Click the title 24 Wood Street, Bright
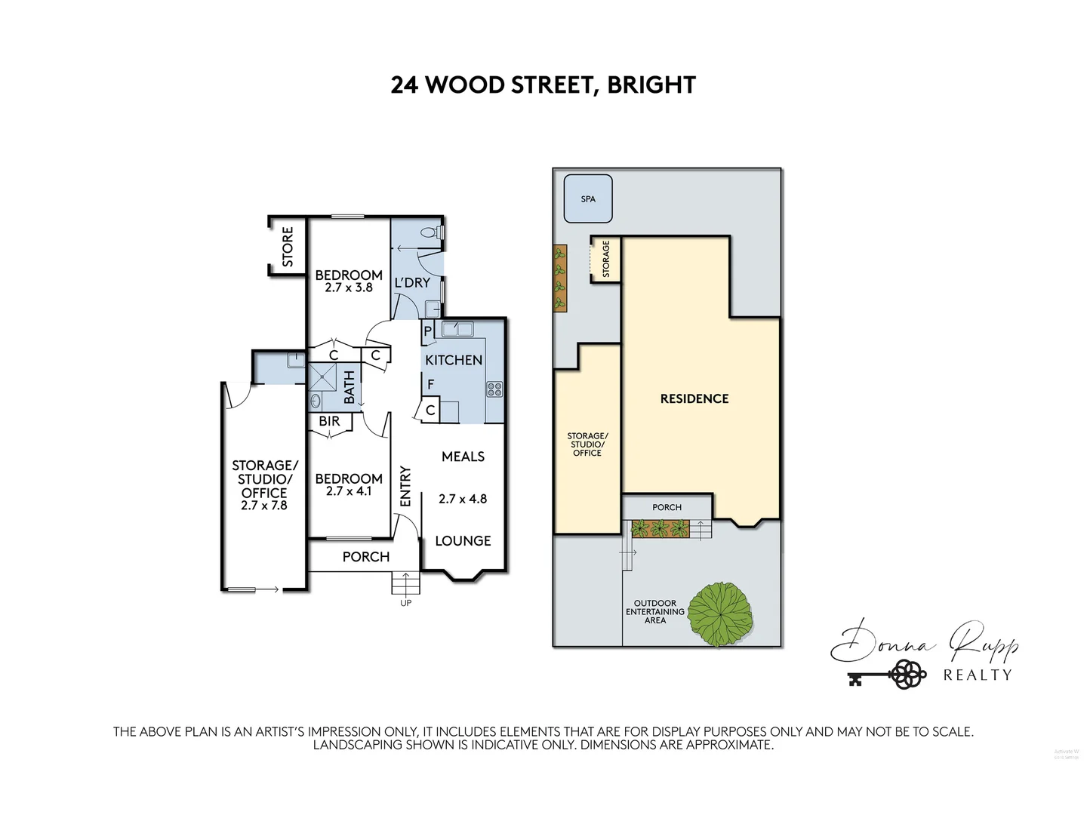point(543,85)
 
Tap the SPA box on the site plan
point(588,199)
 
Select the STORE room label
point(288,247)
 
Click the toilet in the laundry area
point(431,233)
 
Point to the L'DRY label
point(412,282)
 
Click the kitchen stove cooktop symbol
point(494,389)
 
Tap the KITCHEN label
point(454,360)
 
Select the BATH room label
point(350,386)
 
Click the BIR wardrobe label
point(330,421)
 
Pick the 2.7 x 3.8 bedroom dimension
point(349,288)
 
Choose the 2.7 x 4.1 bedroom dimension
point(349,491)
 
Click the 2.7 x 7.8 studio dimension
point(264,506)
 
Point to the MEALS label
point(463,457)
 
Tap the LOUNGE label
point(463,540)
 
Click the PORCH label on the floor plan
point(366,557)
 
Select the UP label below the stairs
point(405,602)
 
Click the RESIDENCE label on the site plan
point(694,398)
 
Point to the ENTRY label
point(405,487)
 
